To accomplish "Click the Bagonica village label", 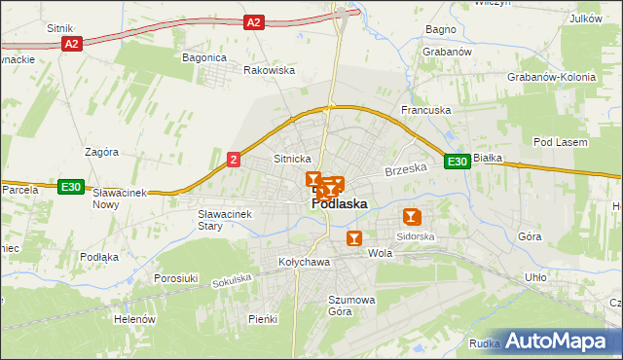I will click(204, 57).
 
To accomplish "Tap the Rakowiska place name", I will click(269, 70).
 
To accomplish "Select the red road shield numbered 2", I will click(234, 161).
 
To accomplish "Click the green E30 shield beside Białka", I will click(458, 162).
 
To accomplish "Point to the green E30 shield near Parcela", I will click(69, 187).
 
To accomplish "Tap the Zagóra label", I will click(101, 152).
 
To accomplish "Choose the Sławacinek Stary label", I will click(224, 219).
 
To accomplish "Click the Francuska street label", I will click(426, 110).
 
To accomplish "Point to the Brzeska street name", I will click(406, 169).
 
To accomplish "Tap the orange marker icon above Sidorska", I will click(412, 217).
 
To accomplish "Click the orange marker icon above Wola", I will click(354, 236).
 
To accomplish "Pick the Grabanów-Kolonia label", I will click(550, 76).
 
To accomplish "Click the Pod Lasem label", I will click(561, 142).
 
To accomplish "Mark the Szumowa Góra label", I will click(351, 306).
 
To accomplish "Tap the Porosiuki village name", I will click(176, 278).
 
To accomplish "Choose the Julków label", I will click(585, 18).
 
